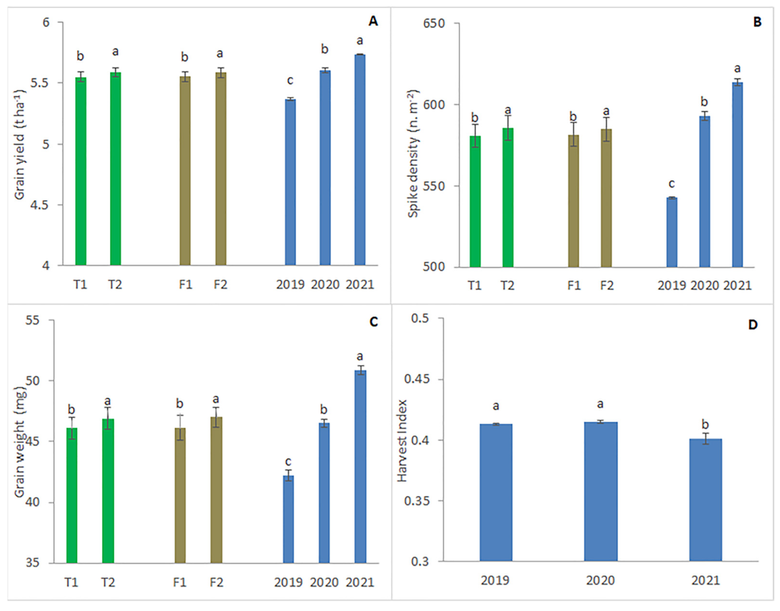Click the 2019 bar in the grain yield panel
pyautogui.click(x=290, y=183)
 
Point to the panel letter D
pyautogui.click(x=753, y=325)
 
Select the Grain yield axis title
pyautogui.click(x=19, y=145)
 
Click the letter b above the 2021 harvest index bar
pyautogui.click(x=705, y=425)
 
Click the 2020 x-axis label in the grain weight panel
pyautogui.click(x=324, y=582)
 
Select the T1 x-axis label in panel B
pyautogui.click(x=475, y=286)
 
